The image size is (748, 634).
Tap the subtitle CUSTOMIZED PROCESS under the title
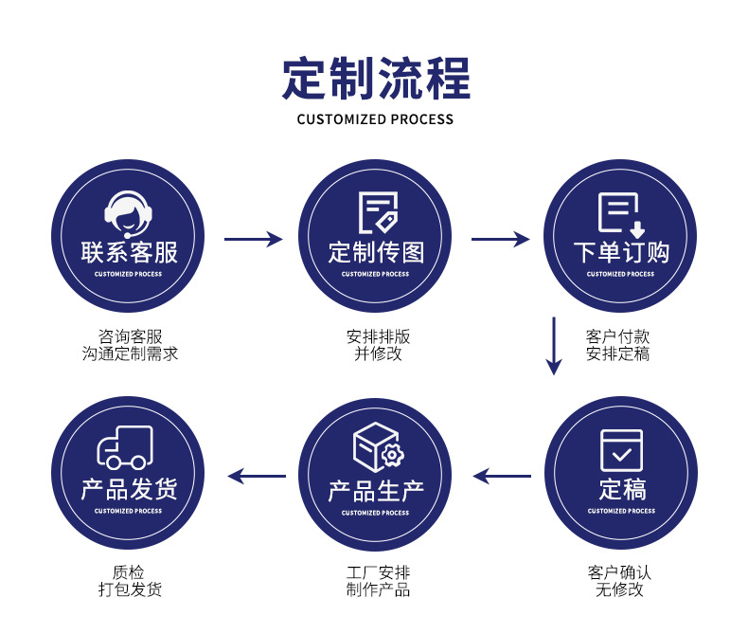375,119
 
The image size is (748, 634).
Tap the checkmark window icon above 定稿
621,451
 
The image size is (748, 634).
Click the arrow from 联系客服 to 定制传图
253,240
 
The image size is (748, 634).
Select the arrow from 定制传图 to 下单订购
500,240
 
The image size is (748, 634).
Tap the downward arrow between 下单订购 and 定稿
555,346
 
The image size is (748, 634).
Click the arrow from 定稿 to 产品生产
502,476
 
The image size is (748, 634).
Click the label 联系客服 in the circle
128,252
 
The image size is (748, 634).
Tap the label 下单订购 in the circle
620,252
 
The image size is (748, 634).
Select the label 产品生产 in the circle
376,491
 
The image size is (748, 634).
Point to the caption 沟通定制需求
130,354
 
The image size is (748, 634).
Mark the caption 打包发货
130,590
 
